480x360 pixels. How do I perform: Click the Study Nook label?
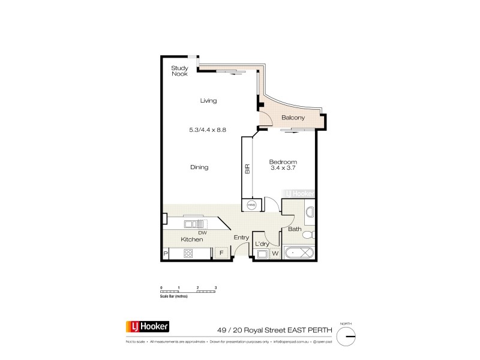[x=179, y=71]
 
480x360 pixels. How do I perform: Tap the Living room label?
[x=208, y=101]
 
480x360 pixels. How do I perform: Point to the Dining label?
[x=199, y=167]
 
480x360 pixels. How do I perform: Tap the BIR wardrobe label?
[x=247, y=169]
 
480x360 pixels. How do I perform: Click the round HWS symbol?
[x=251, y=205]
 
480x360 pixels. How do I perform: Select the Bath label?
[x=295, y=229]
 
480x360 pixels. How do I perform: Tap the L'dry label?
[x=262, y=244]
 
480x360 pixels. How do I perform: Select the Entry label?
[x=241, y=238]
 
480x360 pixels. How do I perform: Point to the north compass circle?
[x=346, y=337]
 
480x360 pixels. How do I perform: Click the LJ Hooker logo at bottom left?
[x=147, y=328]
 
